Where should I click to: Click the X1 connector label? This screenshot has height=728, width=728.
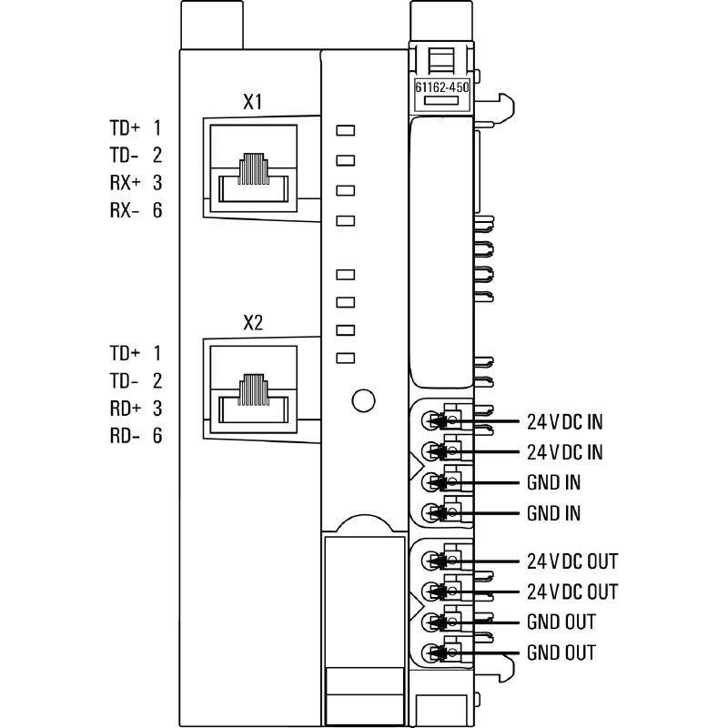coord(253,103)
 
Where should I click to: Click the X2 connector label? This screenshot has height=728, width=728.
coord(253,323)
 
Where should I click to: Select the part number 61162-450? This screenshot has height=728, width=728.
coord(441,88)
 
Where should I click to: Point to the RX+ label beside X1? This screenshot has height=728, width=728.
coord(125,183)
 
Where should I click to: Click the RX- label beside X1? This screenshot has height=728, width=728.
coord(125,211)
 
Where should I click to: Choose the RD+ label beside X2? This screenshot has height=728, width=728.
coord(125,408)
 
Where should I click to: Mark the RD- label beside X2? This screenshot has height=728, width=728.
coord(125,436)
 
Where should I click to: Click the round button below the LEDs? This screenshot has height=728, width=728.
coord(363,399)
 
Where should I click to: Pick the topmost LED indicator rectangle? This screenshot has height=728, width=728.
coord(345,129)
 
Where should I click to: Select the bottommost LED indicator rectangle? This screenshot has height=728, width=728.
coord(345,358)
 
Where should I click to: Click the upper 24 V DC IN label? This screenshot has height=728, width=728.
coord(565,422)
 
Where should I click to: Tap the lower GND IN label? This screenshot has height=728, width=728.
coord(553,513)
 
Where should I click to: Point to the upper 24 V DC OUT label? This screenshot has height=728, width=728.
coord(572,561)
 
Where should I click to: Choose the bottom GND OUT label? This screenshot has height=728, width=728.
coord(561,652)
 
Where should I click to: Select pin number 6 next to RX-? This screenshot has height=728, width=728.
coord(157,211)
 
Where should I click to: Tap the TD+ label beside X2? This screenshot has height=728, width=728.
coord(125,352)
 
